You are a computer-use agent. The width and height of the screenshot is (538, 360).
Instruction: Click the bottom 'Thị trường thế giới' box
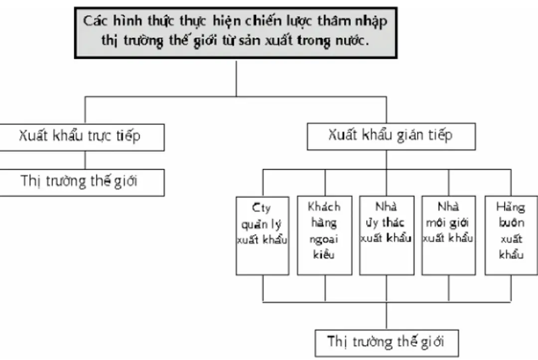pyautogui.click(x=386, y=342)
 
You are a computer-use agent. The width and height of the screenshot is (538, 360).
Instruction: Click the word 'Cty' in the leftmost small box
pyautogui.click(x=262, y=206)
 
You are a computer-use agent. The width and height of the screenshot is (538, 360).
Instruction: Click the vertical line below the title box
pyautogui.click(x=236, y=77)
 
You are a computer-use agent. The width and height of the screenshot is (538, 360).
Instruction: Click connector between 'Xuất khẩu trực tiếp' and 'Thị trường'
pyautogui.click(x=85, y=160)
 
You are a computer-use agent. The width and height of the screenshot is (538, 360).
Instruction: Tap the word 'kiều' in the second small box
pyautogui.click(x=324, y=255)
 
